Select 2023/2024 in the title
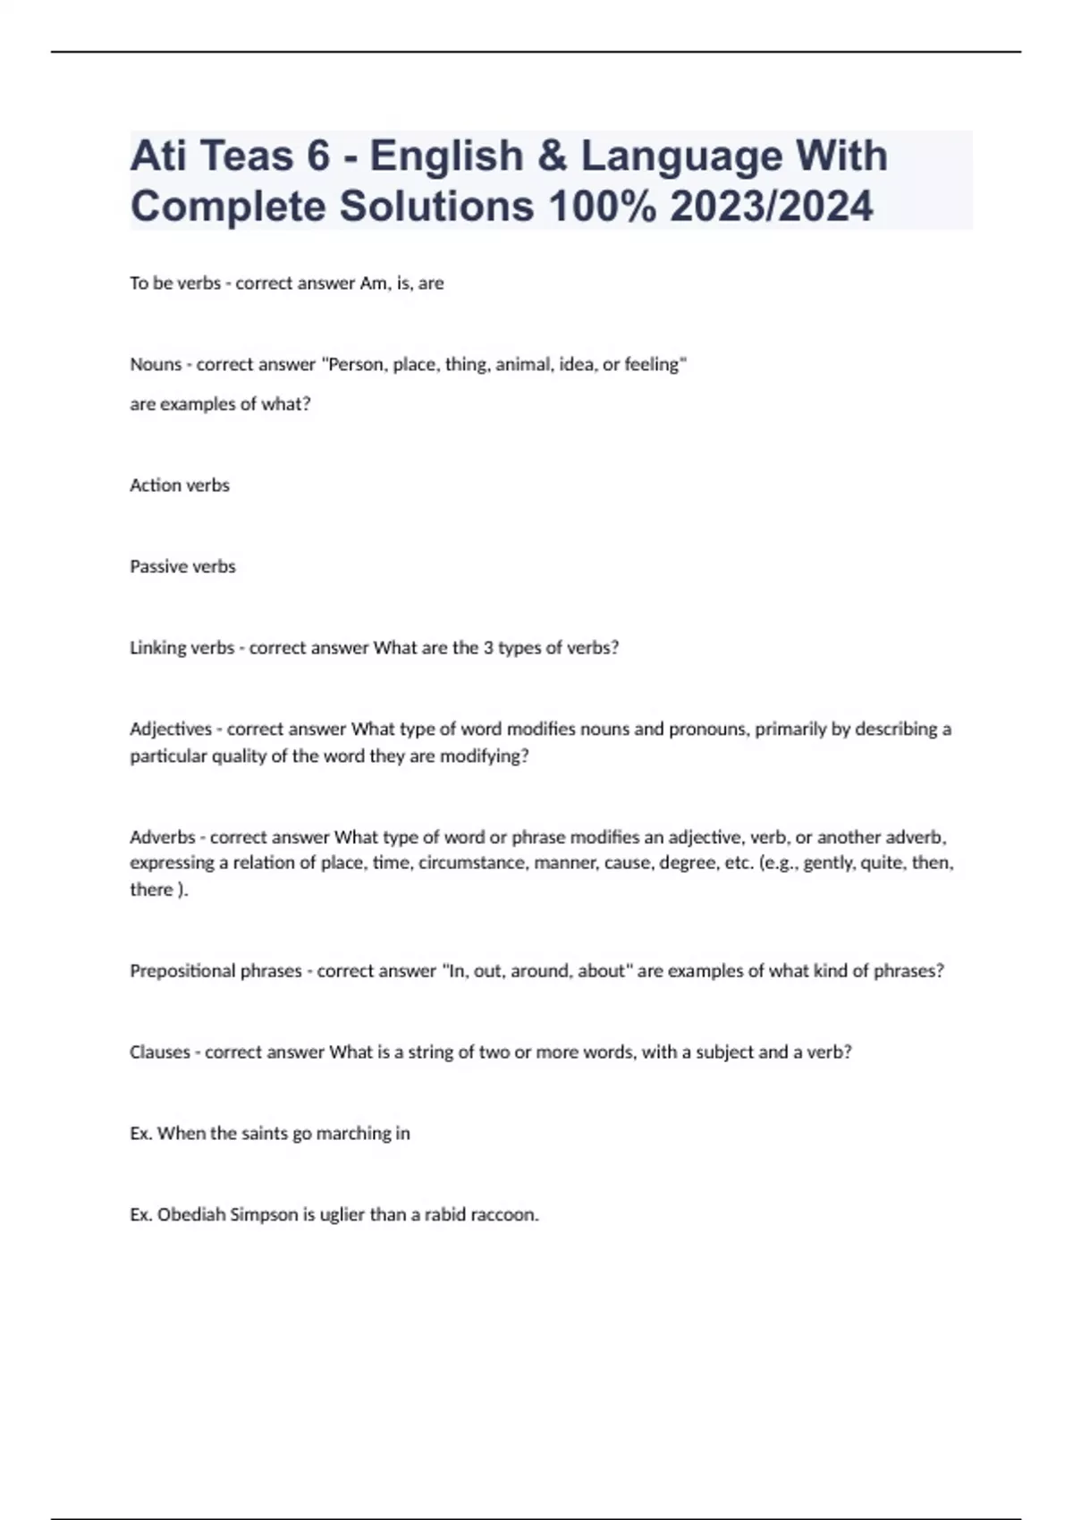[771, 207]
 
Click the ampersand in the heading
[553, 156]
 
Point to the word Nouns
[156, 365]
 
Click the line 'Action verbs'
[180, 486]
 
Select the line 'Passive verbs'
[182, 567]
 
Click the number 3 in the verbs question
[488, 648]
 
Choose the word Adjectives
[171, 730]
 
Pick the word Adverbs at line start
[162, 838]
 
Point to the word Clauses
[160, 1052]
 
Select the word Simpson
[264, 1215]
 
